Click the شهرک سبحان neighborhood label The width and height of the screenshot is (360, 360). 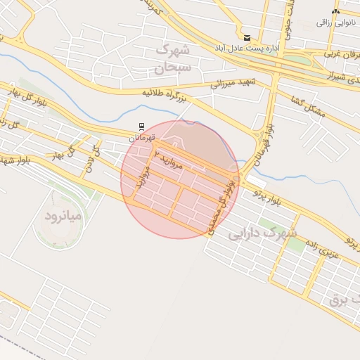pos(172,59)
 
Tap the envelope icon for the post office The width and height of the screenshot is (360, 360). pos(246,38)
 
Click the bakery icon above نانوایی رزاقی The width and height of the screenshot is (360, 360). pos(335,12)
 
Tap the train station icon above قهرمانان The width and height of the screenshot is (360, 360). pos(142,127)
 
